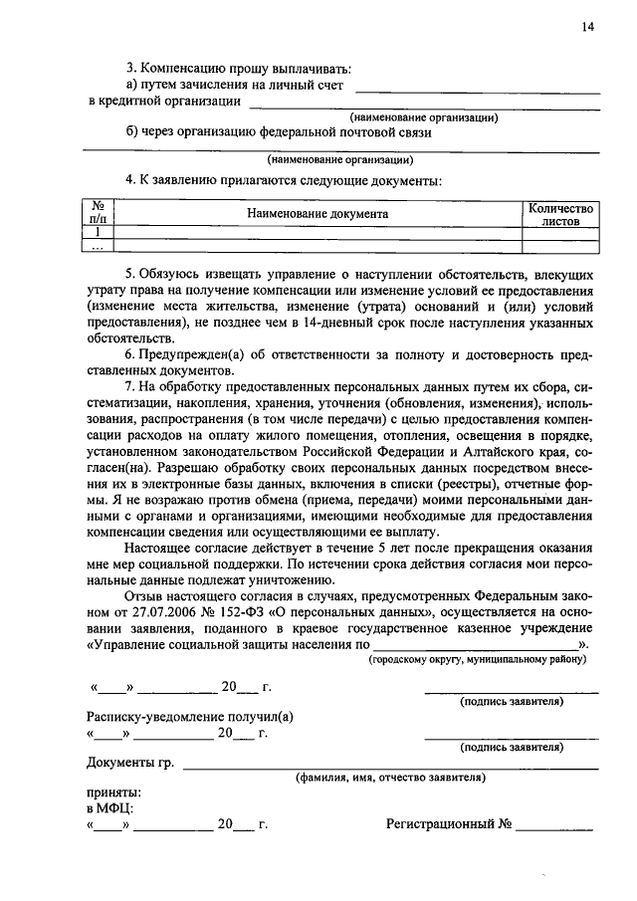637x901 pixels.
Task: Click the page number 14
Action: point(588,28)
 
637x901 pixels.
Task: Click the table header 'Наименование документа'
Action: point(318,213)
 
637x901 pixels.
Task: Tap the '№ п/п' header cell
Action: point(99,214)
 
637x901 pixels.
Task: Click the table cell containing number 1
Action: point(99,232)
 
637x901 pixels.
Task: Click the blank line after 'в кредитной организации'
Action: point(423,104)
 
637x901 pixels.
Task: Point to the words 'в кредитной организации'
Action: point(164,102)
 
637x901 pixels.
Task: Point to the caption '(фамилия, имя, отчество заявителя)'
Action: point(390,778)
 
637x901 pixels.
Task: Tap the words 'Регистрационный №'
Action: point(449,825)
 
